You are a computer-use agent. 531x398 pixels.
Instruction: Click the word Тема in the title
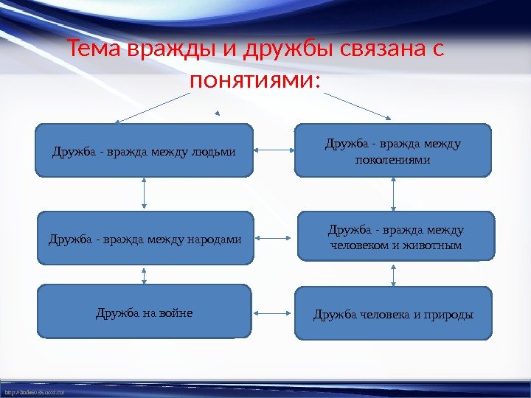pyautogui.click(x=94, y=51)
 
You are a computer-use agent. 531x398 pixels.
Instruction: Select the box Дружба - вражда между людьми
pyautogui.click(x=144, y=151)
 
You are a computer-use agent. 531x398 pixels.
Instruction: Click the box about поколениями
pyautogui.click(x=392, y=151)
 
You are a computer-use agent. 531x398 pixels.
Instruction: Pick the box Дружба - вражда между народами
pyautogui.click(x=145, y=238)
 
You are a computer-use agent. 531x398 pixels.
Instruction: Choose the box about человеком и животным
pyautogui.click(x=394, y=237)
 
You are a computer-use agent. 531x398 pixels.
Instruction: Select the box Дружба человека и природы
pyautogui.click(x=393, y=314)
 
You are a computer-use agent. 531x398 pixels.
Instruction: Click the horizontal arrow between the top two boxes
pyautogui.click(x=274, y=150)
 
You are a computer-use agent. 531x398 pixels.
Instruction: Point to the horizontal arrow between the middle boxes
pyautogui.click(x=275, y=238)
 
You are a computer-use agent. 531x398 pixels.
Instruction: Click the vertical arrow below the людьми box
pyautogui.click(x=144, y=194)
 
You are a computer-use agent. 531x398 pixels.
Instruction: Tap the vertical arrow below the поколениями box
pyautogui.click(x=394, y=195)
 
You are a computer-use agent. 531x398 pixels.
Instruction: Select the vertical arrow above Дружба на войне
pyautogui.click(x=144, y=275)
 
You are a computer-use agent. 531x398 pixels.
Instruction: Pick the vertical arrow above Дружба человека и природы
pyautogui.click(x=394, y=273)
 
